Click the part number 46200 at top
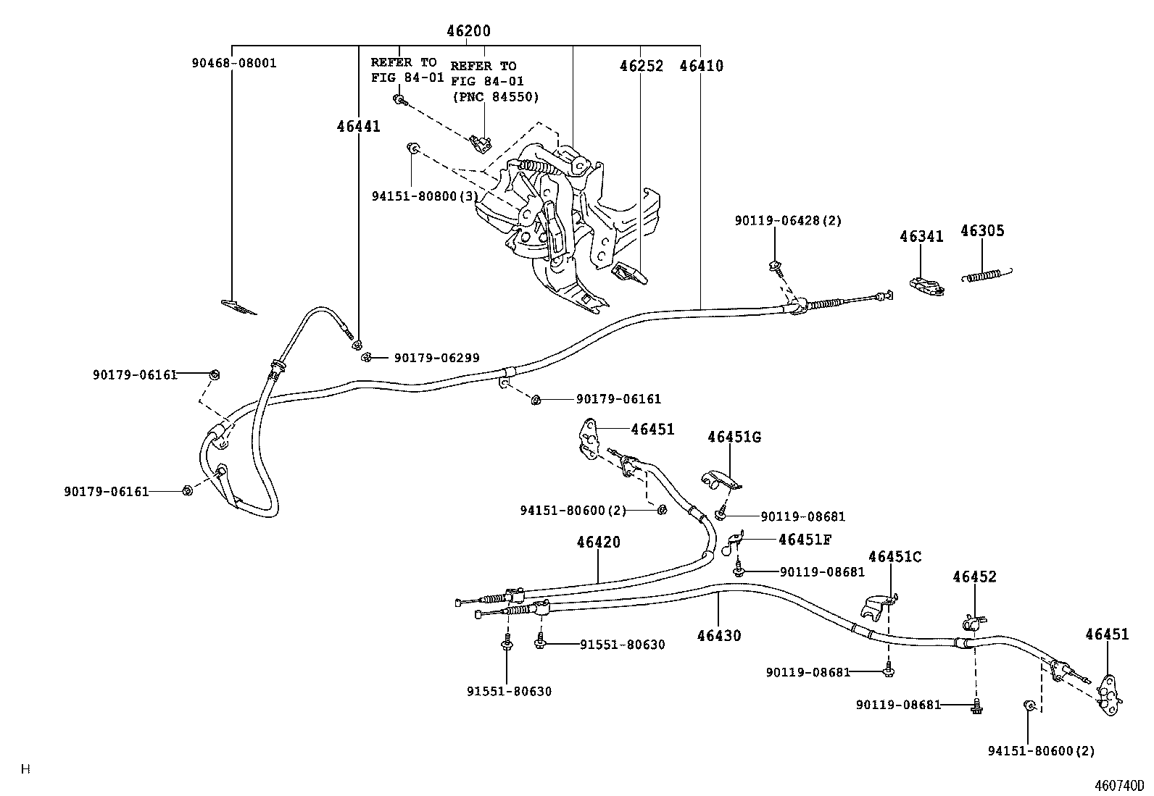pos(468,31)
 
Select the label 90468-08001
pos(234,63)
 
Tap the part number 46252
pos(641,66)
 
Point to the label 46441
pos(358,126)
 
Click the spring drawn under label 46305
pos(986,275)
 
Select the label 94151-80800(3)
pos(425,196)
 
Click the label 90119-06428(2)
pos(788,220)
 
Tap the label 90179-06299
pos(436,358)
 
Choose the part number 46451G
pos(734,437)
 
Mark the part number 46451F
pos(805,540)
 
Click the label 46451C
pos(895,556)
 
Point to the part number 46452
pos(974,577)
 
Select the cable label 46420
pos(599,542)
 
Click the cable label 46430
pos(719,635)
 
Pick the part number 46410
pos(701,66)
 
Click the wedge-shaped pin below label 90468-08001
pos(238,307)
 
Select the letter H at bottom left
pos(25,769)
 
